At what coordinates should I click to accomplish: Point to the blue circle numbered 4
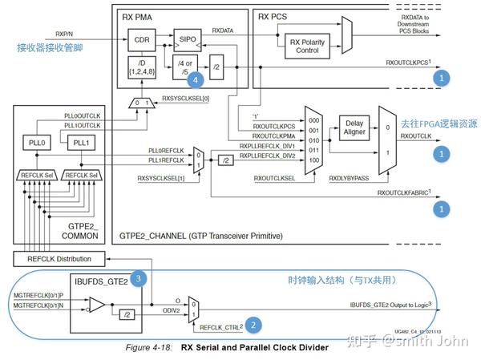tap(194, 80)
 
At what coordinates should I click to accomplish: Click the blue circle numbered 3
tap(139, 278)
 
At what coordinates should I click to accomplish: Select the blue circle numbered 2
tap(253, 325)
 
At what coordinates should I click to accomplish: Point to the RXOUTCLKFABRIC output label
tap(406, 193)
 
